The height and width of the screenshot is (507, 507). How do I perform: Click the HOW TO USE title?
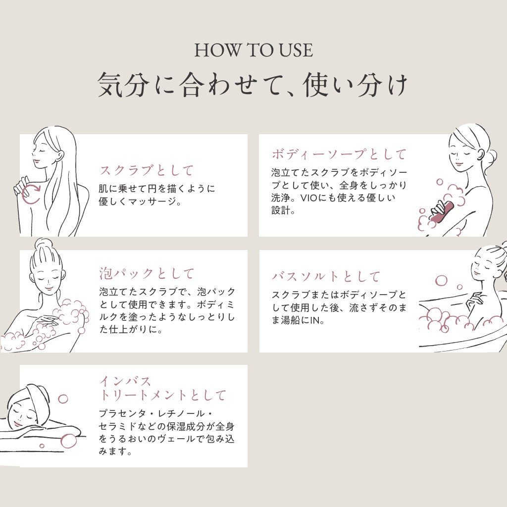[x=253, y=51]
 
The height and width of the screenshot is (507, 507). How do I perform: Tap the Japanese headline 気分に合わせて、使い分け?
[x=253, y=85]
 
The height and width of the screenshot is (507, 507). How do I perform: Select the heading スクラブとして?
[x=147, y=170]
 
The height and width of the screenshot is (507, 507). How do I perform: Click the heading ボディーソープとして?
[x=339, y=154]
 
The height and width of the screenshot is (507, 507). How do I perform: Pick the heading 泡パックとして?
[x=147, y=273]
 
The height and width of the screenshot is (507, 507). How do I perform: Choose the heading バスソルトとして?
[x=326, y=277]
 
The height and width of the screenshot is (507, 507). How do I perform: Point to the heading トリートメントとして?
[x=162, y=396]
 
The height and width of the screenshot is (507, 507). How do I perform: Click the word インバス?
[x=125, y=381]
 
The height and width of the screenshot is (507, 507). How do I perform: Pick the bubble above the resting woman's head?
[x=63, y=399]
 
